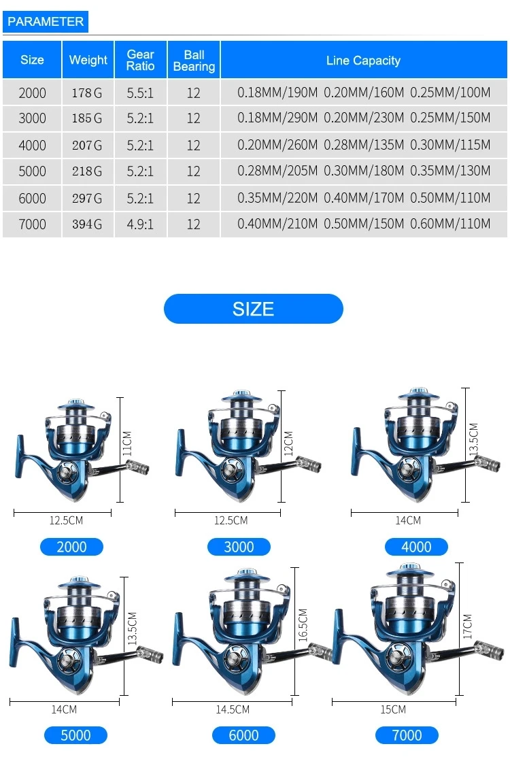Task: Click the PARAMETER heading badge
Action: (46, 22)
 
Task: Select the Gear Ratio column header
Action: (141, 61)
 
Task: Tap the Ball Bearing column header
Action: (194, 61)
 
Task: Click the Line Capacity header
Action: (363, 61)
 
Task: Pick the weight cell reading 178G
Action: (88, 92)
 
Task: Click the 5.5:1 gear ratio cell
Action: (140, 92)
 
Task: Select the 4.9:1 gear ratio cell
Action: (140, 224)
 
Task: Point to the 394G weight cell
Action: (88, 224)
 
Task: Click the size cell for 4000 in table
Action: (32, 146)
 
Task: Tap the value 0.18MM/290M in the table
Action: (277, 118)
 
